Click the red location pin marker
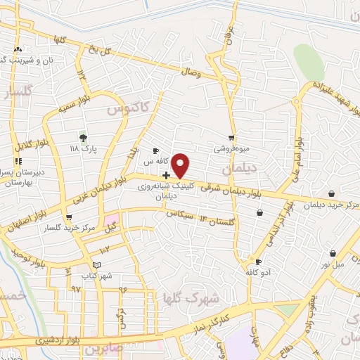pyautogui.click(x=181, y=165)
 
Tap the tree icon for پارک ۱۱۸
pyautogui.click(x=84, y=138)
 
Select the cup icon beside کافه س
pyautogui.click(x=156, y=150)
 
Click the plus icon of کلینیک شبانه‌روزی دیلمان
pyautogui.click(x=166, y=175)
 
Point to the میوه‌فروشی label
pyautogui.click(x=231, y=149)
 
